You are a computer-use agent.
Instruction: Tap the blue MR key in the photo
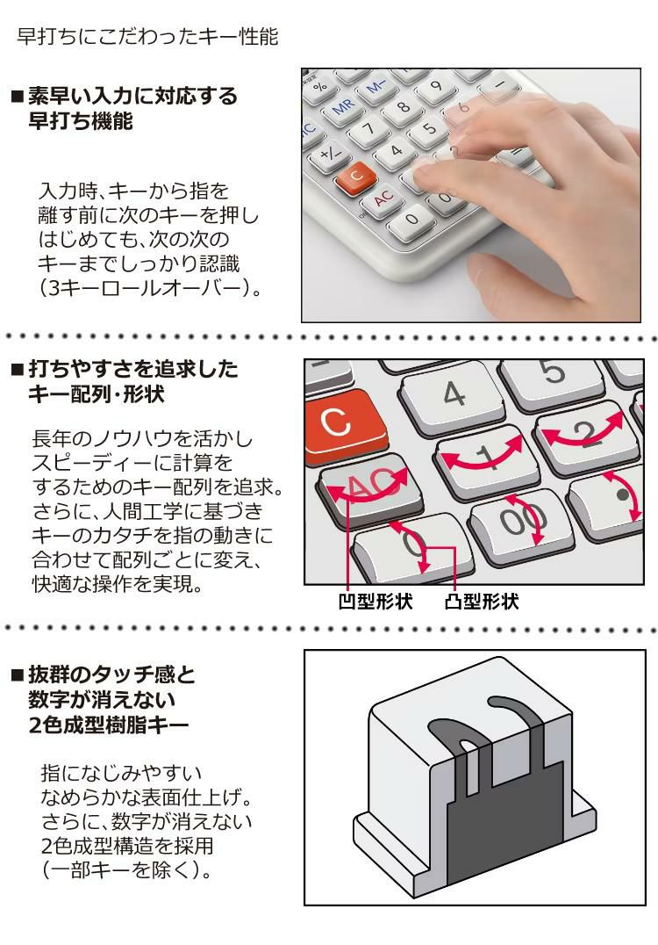click(x=345, y=106)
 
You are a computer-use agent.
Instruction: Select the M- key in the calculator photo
click(x=377, y=88)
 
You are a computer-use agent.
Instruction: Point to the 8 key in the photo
click(x=404, y=107)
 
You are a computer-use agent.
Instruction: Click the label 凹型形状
click(x=375, y=602)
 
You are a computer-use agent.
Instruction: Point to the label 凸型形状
click(x=482, y=602)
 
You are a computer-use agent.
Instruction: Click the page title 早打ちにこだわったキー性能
click(x=147, y=37)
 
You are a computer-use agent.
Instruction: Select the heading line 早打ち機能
click(x=81, y=121)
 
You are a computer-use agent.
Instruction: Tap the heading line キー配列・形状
click(x=97, y=394)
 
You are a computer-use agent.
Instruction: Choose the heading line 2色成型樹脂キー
click(x=109, y=725)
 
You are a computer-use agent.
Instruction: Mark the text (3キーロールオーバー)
click(x=151, y=288)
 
